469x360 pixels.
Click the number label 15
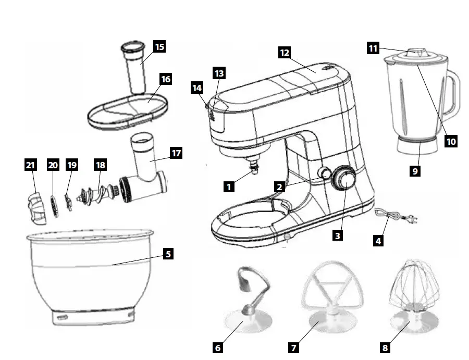[159, 46]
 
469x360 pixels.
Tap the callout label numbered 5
[167, 254]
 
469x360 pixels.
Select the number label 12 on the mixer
[284, 53]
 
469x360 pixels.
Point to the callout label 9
[415, 170]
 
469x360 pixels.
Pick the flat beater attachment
[329, 292]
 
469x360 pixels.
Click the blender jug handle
[453, 94]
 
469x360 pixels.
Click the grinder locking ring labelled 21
[34, 203]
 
